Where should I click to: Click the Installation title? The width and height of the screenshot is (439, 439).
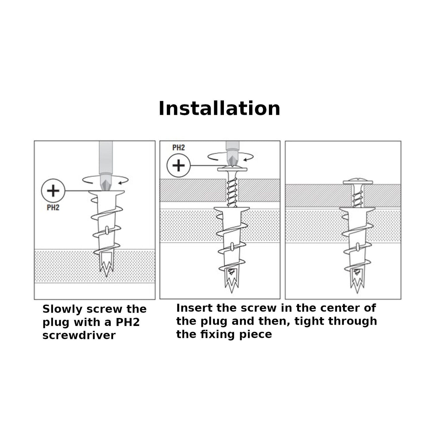pos(219,108)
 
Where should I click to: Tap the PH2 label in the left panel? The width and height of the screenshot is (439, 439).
pos(53,207)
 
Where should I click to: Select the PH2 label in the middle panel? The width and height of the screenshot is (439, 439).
pos(178,148)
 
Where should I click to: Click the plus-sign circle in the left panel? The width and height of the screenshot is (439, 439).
pos(53,191)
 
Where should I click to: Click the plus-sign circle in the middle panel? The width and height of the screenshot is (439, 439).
pos(179,165)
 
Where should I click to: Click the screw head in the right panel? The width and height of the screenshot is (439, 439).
pos(358,182)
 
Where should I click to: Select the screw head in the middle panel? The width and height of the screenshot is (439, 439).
pos(232,169)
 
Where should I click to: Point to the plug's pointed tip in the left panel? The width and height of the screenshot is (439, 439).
pos(107,276)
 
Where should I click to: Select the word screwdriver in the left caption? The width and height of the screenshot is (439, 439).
pos(79,335)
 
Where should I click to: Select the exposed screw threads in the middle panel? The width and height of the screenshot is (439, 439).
pos(232,193)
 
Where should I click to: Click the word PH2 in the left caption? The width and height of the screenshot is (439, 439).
pos(128,322)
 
